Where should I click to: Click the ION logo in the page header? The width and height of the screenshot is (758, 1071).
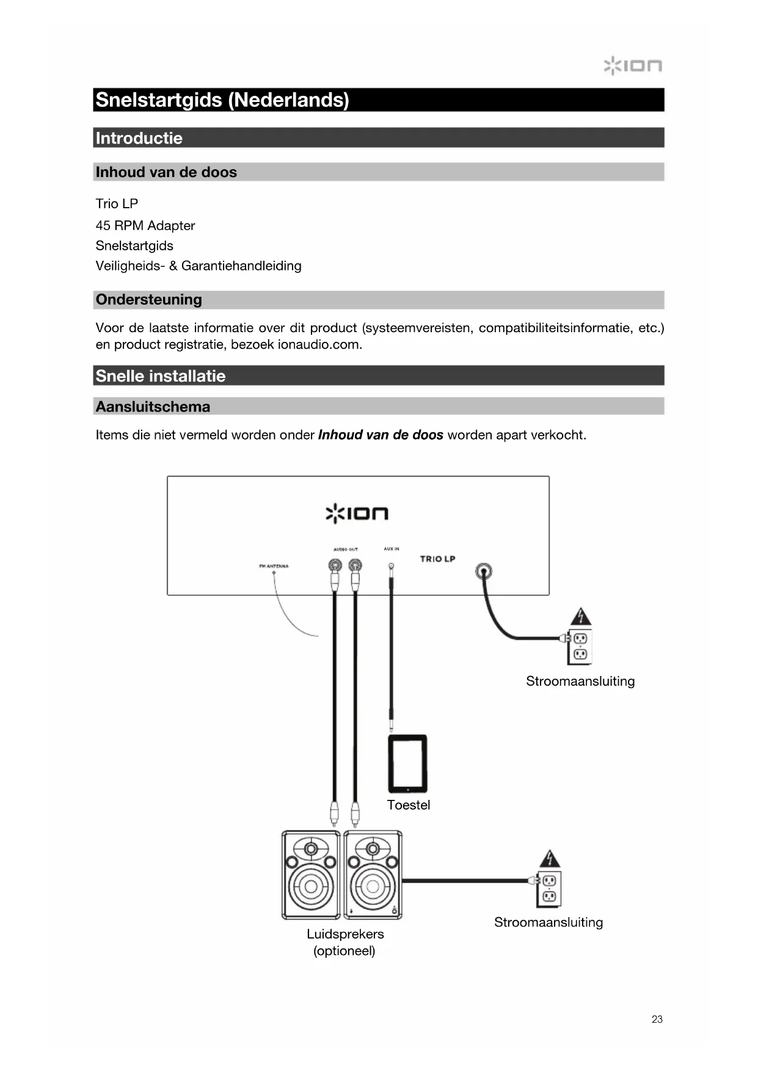pos(632,65)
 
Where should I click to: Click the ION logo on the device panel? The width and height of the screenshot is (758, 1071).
pos(357,513)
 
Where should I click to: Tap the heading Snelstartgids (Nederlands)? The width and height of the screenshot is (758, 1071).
pos(222,100)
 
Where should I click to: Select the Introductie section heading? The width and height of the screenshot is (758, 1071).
pos(139,138)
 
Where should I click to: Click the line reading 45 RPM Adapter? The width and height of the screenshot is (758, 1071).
pos(145,225)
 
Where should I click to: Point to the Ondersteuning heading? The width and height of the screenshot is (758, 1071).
pos(149,299)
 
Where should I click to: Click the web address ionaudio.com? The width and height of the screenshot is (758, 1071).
pos(318,344)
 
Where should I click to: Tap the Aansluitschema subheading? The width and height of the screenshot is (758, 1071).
pos(153,407)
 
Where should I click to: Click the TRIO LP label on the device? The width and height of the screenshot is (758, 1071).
pos(437,559)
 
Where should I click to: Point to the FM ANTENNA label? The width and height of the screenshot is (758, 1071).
pos(274,566)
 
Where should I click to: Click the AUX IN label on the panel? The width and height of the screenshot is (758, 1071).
pos(392,549)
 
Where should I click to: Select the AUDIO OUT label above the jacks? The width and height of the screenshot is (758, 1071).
pos(345,550)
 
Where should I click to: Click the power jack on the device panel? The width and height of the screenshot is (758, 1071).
pos(483,572)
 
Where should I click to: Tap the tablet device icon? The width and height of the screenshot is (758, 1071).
pos(407,763)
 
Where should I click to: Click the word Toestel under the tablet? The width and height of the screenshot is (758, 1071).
pos(409,805)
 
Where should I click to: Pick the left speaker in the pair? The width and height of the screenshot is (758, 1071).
pos(311,874)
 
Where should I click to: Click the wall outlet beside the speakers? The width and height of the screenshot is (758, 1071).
pos(548,888)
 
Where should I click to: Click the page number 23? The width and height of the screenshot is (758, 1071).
pos(657,1019)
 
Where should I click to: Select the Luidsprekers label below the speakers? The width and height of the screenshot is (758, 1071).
pos(345,934)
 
